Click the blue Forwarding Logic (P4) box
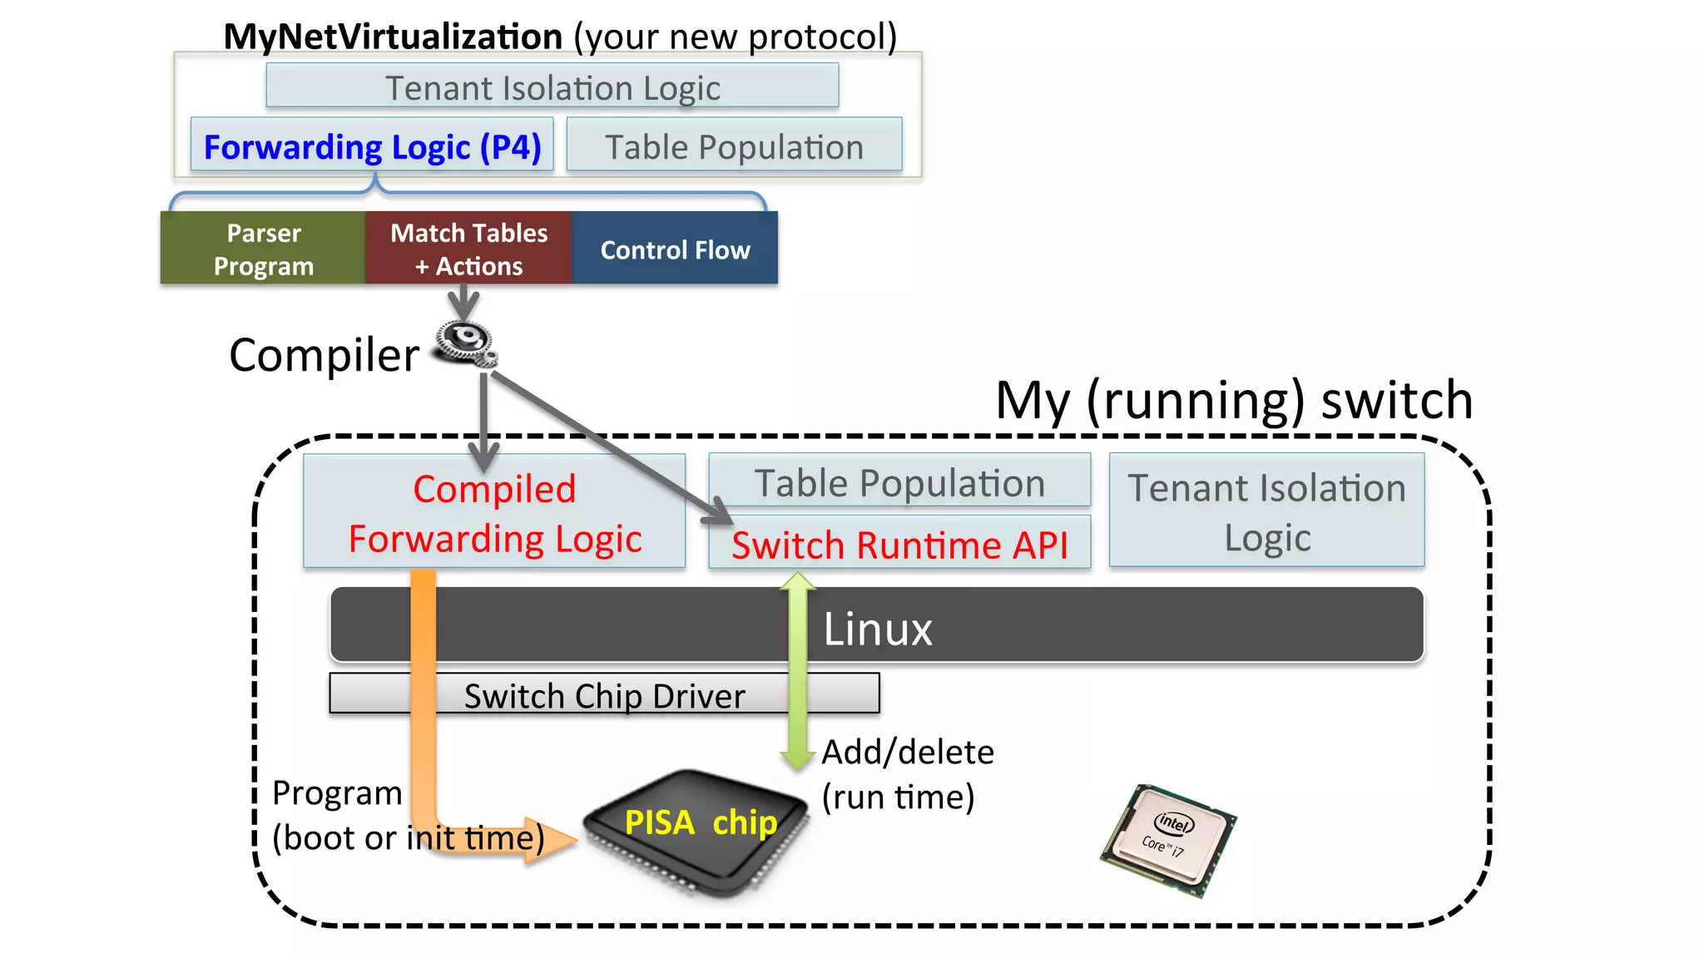coord(372,146)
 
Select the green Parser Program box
coord(263,249)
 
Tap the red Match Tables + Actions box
coord(468,249)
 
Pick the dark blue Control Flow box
coord(675,249)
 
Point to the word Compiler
coord(324,355)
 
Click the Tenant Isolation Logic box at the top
coord(552,86)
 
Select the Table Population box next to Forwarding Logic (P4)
coord(734,146)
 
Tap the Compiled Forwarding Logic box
coord(494,512)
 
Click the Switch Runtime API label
coord(899,545)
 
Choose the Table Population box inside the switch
coord(899,482)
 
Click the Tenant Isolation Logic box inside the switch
coord(1266,511)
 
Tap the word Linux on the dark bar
coord(877,629)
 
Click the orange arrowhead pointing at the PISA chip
coord(552,840)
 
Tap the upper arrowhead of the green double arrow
coord(797,582)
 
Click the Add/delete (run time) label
coord(907,774)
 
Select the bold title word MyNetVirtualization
coord(393,37)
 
